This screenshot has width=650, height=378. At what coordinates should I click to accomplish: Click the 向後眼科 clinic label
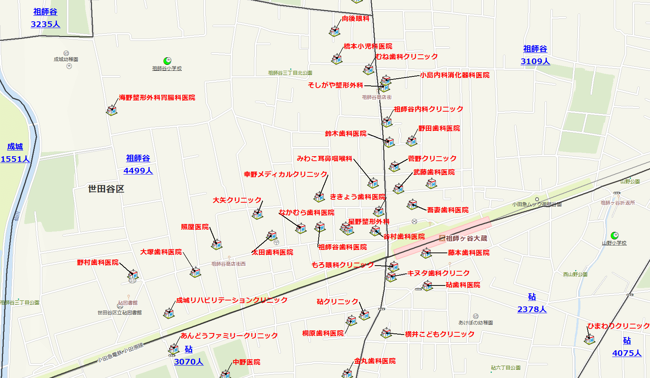click(x=355, y=19)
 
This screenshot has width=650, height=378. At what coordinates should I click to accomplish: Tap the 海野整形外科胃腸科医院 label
click(x=157, y=98)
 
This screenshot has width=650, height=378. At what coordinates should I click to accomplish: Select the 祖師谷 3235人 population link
click(x=45, y=18)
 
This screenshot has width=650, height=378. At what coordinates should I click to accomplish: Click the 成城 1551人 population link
click(x=15, y=153)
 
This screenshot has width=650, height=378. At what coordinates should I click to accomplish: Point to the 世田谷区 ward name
click(x=106, y=189)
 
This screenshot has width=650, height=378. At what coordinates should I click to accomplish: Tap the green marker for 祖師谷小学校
click(x=167, y=61)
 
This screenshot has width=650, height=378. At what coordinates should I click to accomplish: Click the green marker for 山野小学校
click(x=614, y=235)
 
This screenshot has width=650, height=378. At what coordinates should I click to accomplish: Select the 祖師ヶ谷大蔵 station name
click(x=466, y=238)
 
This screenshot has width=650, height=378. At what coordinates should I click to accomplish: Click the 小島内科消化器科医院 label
click(x=454, y=75)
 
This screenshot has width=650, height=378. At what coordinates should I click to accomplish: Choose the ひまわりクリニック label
click(x=618, y=326)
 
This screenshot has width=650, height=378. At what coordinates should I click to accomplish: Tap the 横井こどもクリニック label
click(x=439, y=334)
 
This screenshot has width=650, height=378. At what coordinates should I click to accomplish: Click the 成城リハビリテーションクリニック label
click(x=232, y=300)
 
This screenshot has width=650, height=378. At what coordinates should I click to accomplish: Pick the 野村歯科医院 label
click(x=98, y=263)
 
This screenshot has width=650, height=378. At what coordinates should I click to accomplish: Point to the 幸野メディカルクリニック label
click(x=286, y=175)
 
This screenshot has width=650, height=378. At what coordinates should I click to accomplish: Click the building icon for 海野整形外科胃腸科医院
click(x=112, y=110)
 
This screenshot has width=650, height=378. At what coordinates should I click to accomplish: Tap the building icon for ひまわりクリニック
click(x=590, y=339)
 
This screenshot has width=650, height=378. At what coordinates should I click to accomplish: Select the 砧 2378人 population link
click(x=532, y=303)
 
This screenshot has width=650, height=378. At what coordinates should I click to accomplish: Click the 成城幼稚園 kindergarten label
click(x=66, y=59)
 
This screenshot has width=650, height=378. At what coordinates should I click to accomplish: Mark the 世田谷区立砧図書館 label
click(x=120, y=312)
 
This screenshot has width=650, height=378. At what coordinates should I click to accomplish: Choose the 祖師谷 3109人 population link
click(x=535, y=55)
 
